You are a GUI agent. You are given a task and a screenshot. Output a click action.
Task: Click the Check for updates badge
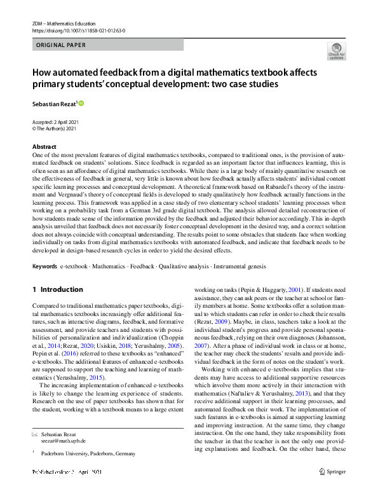tap(336, 50)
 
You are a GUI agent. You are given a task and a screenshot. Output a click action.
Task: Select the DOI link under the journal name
tap(78, 30)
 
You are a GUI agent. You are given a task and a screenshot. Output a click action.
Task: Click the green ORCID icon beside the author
tap(81, 102)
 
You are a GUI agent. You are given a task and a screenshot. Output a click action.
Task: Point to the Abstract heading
tap(44, 147)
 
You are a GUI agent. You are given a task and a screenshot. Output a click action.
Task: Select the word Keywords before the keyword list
tap(44, 266)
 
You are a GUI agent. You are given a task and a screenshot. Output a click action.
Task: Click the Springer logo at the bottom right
tap(332, 472)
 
